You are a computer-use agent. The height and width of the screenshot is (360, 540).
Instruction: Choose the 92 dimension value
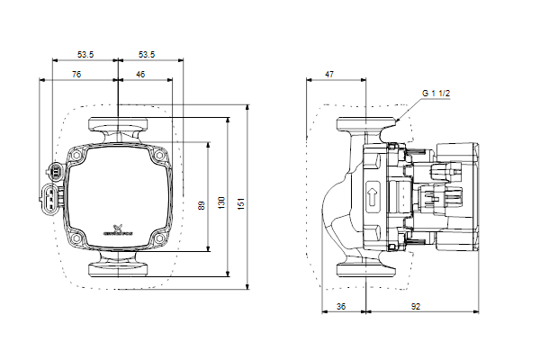pos(414,306)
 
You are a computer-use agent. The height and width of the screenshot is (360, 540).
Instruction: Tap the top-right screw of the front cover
pos(161,154)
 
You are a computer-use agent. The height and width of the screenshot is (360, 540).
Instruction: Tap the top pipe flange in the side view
pos(366,126)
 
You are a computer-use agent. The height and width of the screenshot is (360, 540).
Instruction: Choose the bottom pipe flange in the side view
pos(366,268)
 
